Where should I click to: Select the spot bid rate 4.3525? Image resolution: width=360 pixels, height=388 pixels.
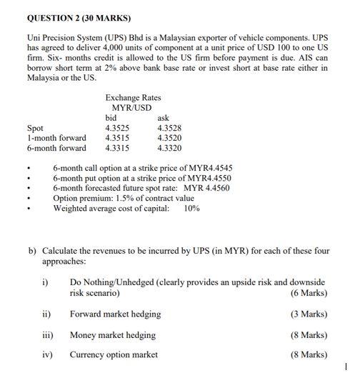click(117, 127)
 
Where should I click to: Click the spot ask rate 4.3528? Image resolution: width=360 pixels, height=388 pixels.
click(169, 127)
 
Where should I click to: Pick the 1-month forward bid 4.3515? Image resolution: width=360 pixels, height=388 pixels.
click(117, 137)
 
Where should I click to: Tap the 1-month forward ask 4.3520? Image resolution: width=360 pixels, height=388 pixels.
click(169, 137)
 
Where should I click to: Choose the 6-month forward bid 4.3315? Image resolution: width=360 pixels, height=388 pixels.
click(117, 148)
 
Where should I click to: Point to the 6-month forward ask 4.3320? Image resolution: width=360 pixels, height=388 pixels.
click(169, 148)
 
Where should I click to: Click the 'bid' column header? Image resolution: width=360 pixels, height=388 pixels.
click(111, 117)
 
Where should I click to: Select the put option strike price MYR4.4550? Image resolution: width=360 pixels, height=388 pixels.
click(206, 178)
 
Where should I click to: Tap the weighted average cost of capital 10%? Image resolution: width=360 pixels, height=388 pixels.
click(191, 208)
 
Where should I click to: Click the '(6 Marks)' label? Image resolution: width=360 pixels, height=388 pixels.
click(309, 293)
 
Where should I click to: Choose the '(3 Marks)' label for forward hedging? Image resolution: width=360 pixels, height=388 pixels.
click(309, 314)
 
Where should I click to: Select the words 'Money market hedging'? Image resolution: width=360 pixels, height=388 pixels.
click(112, 334)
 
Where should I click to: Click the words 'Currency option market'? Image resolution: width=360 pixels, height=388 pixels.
click(114, 354)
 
